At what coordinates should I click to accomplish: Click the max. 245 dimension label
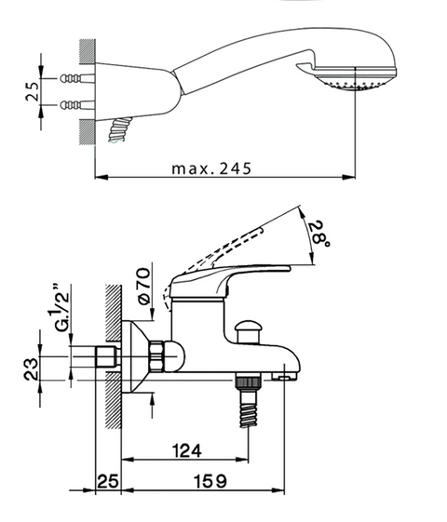(x=211, y=168)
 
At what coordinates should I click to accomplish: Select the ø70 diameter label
(x=143, y=286)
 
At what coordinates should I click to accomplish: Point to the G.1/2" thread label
(x=61, y=307)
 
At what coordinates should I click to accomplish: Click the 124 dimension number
(x=187, y=450)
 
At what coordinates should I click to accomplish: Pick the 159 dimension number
(x=210, y=481)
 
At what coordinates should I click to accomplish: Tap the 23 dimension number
(x=31, y=368)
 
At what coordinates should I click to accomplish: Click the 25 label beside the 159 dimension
(x=108, y=481)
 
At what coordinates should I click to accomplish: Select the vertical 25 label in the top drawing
(x=33, y=91)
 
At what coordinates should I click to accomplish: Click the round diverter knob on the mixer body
(x=247, y=330)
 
